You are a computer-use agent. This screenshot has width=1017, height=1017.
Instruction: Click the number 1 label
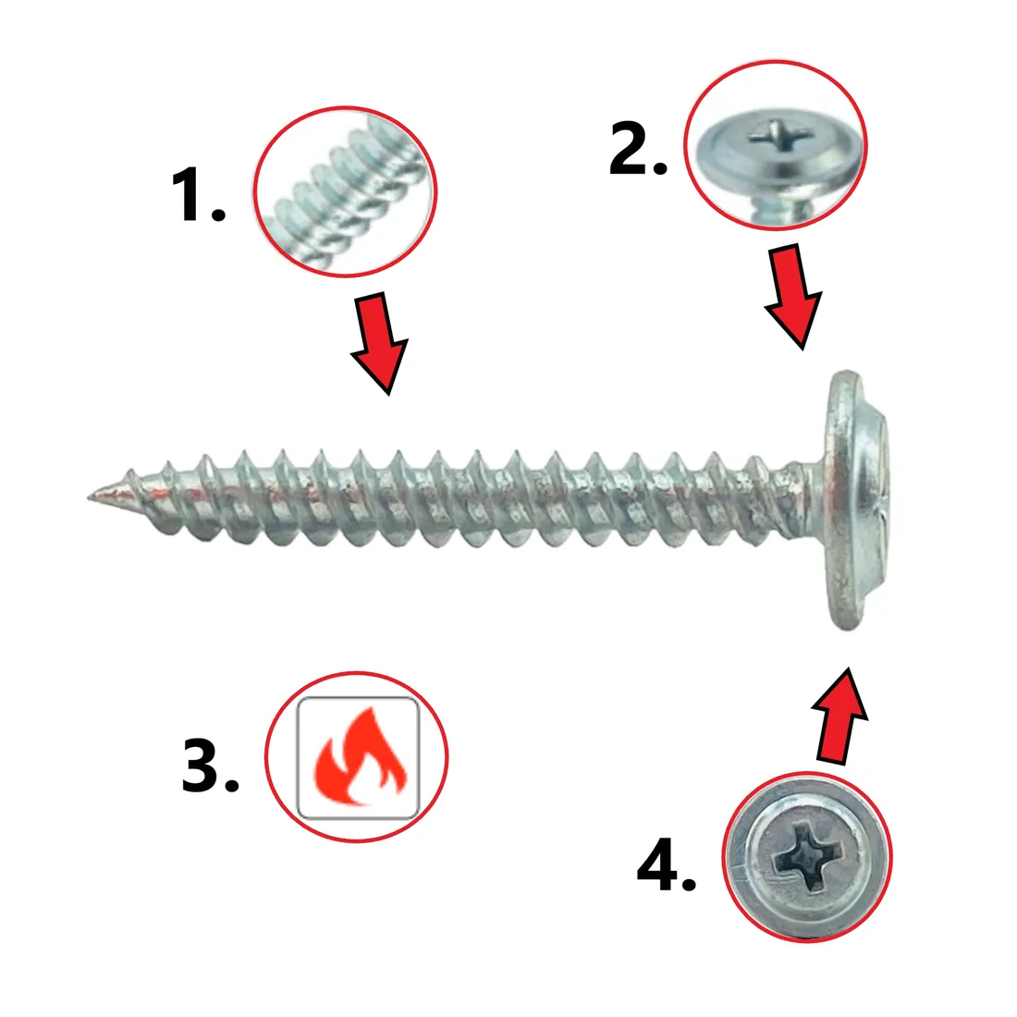tap(199, 194)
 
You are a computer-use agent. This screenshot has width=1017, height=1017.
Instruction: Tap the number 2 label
tap(638, 148)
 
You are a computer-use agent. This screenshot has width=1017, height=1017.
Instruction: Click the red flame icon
tap(358, 756)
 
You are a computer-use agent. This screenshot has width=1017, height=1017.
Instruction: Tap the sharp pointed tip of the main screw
tap(90, 496)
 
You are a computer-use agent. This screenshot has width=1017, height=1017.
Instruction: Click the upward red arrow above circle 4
tap(839, 715)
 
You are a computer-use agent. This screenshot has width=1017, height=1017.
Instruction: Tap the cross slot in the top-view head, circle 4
tap(807, 855)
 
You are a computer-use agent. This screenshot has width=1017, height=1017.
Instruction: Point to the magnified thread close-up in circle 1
tap(345, 192)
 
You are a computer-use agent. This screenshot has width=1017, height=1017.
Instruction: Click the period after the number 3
tap(231, 785)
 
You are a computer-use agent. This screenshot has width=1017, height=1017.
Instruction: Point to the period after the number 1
tap(218, 214)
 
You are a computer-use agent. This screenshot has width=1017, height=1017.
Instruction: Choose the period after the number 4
tap(688, 882)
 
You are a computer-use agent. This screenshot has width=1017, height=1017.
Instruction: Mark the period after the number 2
tap(659, 167)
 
